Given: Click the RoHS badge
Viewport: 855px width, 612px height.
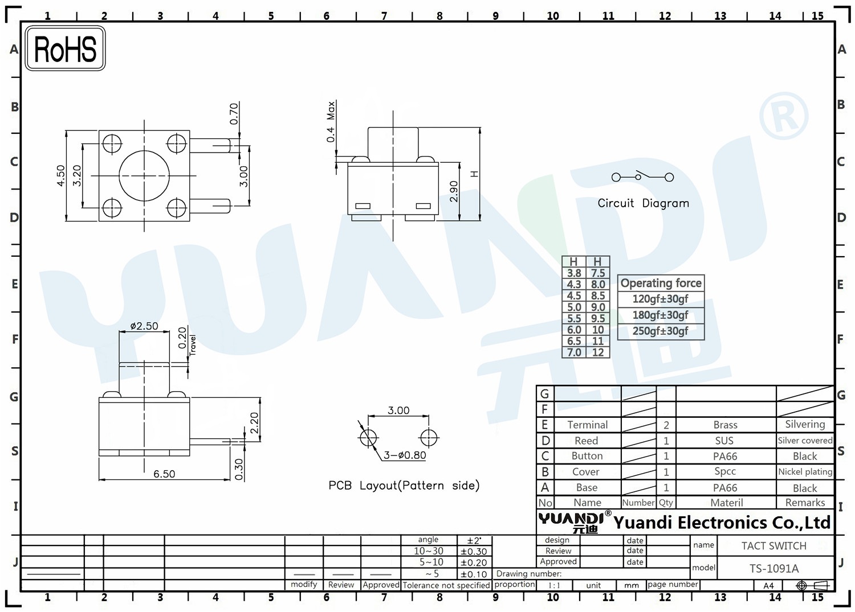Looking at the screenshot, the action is [x=66, y=48].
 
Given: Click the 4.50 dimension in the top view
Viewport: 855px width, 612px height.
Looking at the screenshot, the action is [x=61, y=175].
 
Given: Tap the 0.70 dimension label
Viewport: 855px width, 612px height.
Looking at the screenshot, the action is [x=234, y=114].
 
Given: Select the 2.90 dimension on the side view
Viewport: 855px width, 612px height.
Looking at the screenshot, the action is [x=454, y=191].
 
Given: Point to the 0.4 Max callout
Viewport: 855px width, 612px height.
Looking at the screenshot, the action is [x=331, y=122].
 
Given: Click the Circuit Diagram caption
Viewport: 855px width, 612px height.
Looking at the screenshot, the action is [x=643, y=203].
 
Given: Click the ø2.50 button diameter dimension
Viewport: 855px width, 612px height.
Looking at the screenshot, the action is [x=144, y=326].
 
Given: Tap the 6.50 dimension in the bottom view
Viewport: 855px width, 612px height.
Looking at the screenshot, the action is [x=164, y=474].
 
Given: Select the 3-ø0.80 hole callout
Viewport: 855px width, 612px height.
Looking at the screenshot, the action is [x=405, y=455].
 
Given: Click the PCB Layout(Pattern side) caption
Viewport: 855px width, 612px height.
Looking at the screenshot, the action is [x=404, y=486].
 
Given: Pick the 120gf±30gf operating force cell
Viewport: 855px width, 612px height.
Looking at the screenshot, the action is [x=660, y=299].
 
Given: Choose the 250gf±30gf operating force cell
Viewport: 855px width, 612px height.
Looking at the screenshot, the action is [x=660, y=331].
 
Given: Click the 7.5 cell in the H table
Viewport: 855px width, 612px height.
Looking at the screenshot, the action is [x=598, y=273].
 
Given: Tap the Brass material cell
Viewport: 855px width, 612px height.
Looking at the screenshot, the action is [x=726, y=425].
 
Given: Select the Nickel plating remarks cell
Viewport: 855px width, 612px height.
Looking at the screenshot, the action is [x=805, y=472].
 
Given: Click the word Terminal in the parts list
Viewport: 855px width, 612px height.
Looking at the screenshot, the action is [x=587, y=425].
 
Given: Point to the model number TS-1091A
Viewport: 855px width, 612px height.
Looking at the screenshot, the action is [x=774, y=569].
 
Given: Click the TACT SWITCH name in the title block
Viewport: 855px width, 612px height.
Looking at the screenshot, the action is [x=774, y=546].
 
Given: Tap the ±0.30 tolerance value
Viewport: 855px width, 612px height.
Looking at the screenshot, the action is [x=474, y=552].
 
